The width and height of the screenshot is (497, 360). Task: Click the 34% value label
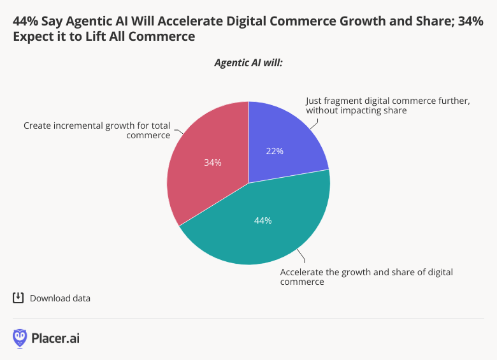pyautogui.click(x=213, y=162)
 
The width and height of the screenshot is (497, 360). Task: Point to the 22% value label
pyautogui.click(x=275, y=151)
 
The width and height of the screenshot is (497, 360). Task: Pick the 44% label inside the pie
pyautogui.click(x=263, y=220)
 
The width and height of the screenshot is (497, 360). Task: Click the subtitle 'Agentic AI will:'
pyautogui.click(x=248, y=63)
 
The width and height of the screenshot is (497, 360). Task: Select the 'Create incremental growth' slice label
pyautogui.click(x=97, y=130)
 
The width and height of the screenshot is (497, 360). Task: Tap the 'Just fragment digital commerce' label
pyautogui.click(x=388, y=105)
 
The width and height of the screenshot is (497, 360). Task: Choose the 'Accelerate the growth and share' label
pyautogui.click(x=366, y=277)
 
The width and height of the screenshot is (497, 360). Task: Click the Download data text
pyautogui.click(x=60, y=298)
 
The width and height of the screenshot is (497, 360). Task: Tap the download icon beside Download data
pyautogui.click(x=18, y=298)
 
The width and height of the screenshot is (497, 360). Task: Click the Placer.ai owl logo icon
pyautogui.click(x=20, y=338)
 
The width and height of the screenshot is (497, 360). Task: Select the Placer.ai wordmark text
pyautogui.click(x=55, y=338)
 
